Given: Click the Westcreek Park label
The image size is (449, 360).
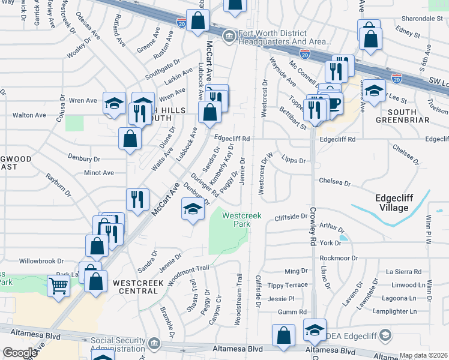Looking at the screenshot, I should (x=236, y=220).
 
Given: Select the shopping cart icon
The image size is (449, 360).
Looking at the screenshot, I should (x=59, y=286).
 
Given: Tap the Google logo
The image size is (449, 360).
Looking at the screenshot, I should (x=20, y=353).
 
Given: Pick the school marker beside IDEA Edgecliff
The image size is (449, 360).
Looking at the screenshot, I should (x=315, y=330).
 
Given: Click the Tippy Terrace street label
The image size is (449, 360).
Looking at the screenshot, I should (x=288, y=285).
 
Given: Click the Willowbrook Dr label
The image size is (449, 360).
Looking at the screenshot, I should (x=41, y=261).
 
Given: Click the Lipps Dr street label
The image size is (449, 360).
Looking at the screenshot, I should (x=294, y=161).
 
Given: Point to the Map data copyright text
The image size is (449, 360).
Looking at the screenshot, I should (x=424, y=355).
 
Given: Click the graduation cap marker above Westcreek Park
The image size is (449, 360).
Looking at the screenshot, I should (x=192, y=209).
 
